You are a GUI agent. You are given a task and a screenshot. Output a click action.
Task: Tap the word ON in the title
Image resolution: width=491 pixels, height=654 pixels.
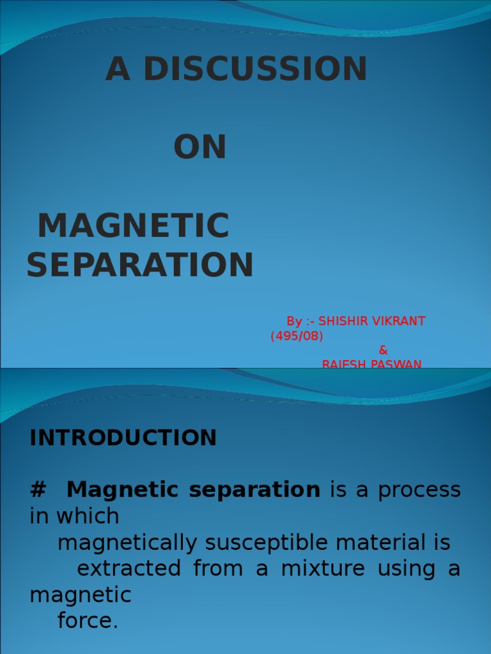(200, 148)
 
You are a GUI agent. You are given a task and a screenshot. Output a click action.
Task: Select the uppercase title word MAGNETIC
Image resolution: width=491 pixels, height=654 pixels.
(134, 225)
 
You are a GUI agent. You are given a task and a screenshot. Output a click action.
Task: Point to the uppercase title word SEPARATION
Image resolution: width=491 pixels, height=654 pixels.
(140, 265)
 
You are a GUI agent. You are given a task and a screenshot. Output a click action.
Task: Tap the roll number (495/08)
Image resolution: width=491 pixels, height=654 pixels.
(297, 336)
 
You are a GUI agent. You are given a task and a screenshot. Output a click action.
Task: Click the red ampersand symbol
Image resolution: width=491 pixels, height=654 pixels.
(384, 350)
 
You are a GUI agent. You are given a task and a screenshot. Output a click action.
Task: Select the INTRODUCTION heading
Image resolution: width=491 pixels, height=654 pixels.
(123, 438)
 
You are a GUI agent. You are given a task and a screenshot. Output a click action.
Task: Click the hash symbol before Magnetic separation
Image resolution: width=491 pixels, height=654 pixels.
(38, 490)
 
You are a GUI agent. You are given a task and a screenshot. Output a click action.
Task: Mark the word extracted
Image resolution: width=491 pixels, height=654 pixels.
(129, 568)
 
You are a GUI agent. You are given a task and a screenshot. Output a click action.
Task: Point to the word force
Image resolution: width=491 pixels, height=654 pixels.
(88, 621)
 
